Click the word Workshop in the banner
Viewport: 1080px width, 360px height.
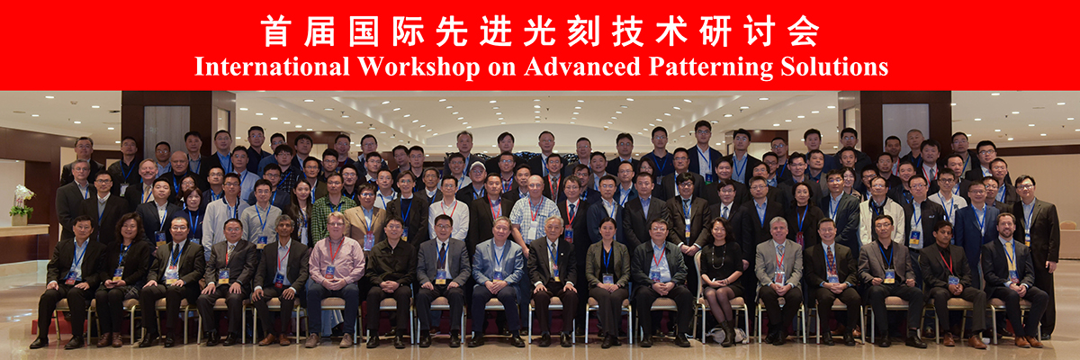tap(418, 67)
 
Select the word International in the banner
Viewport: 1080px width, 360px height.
tap(272, 67)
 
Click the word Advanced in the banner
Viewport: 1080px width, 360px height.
tap(582, 67)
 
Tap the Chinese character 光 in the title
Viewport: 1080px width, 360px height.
tap(539, 31)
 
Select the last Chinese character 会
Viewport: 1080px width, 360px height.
tap(803, 31)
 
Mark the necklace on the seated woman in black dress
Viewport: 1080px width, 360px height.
tap(718, 256)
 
